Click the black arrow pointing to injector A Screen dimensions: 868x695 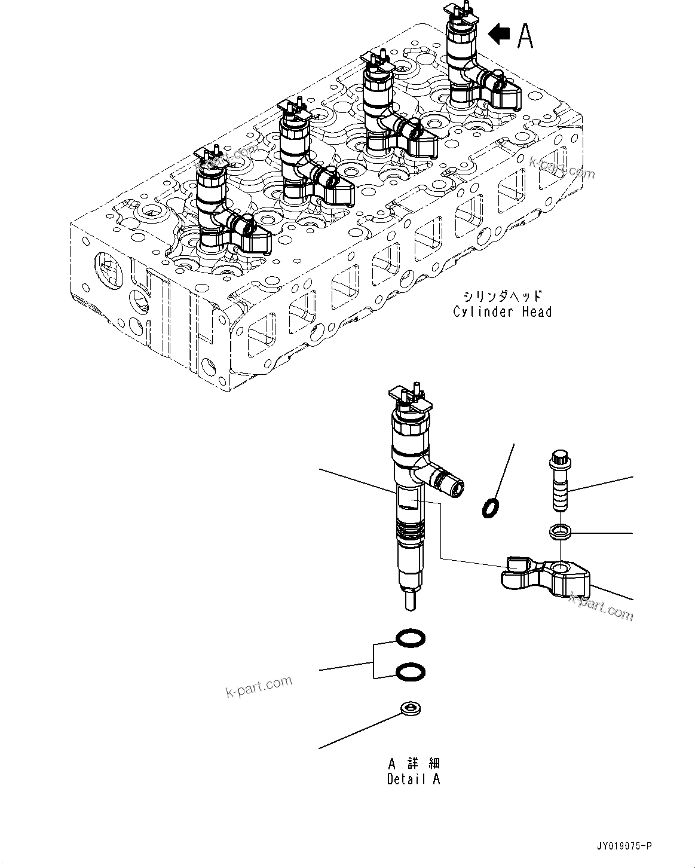pos(499,35)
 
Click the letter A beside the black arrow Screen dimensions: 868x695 pos(525,35)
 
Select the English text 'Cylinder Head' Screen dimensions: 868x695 pos(502,311)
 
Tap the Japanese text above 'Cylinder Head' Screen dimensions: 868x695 pos(502,296)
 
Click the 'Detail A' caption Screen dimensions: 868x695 pos(414,780)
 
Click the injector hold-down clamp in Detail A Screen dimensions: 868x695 pos(546,577)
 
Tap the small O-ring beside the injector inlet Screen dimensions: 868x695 pos(490,508)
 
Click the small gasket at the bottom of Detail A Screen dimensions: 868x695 pos(411,709)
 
